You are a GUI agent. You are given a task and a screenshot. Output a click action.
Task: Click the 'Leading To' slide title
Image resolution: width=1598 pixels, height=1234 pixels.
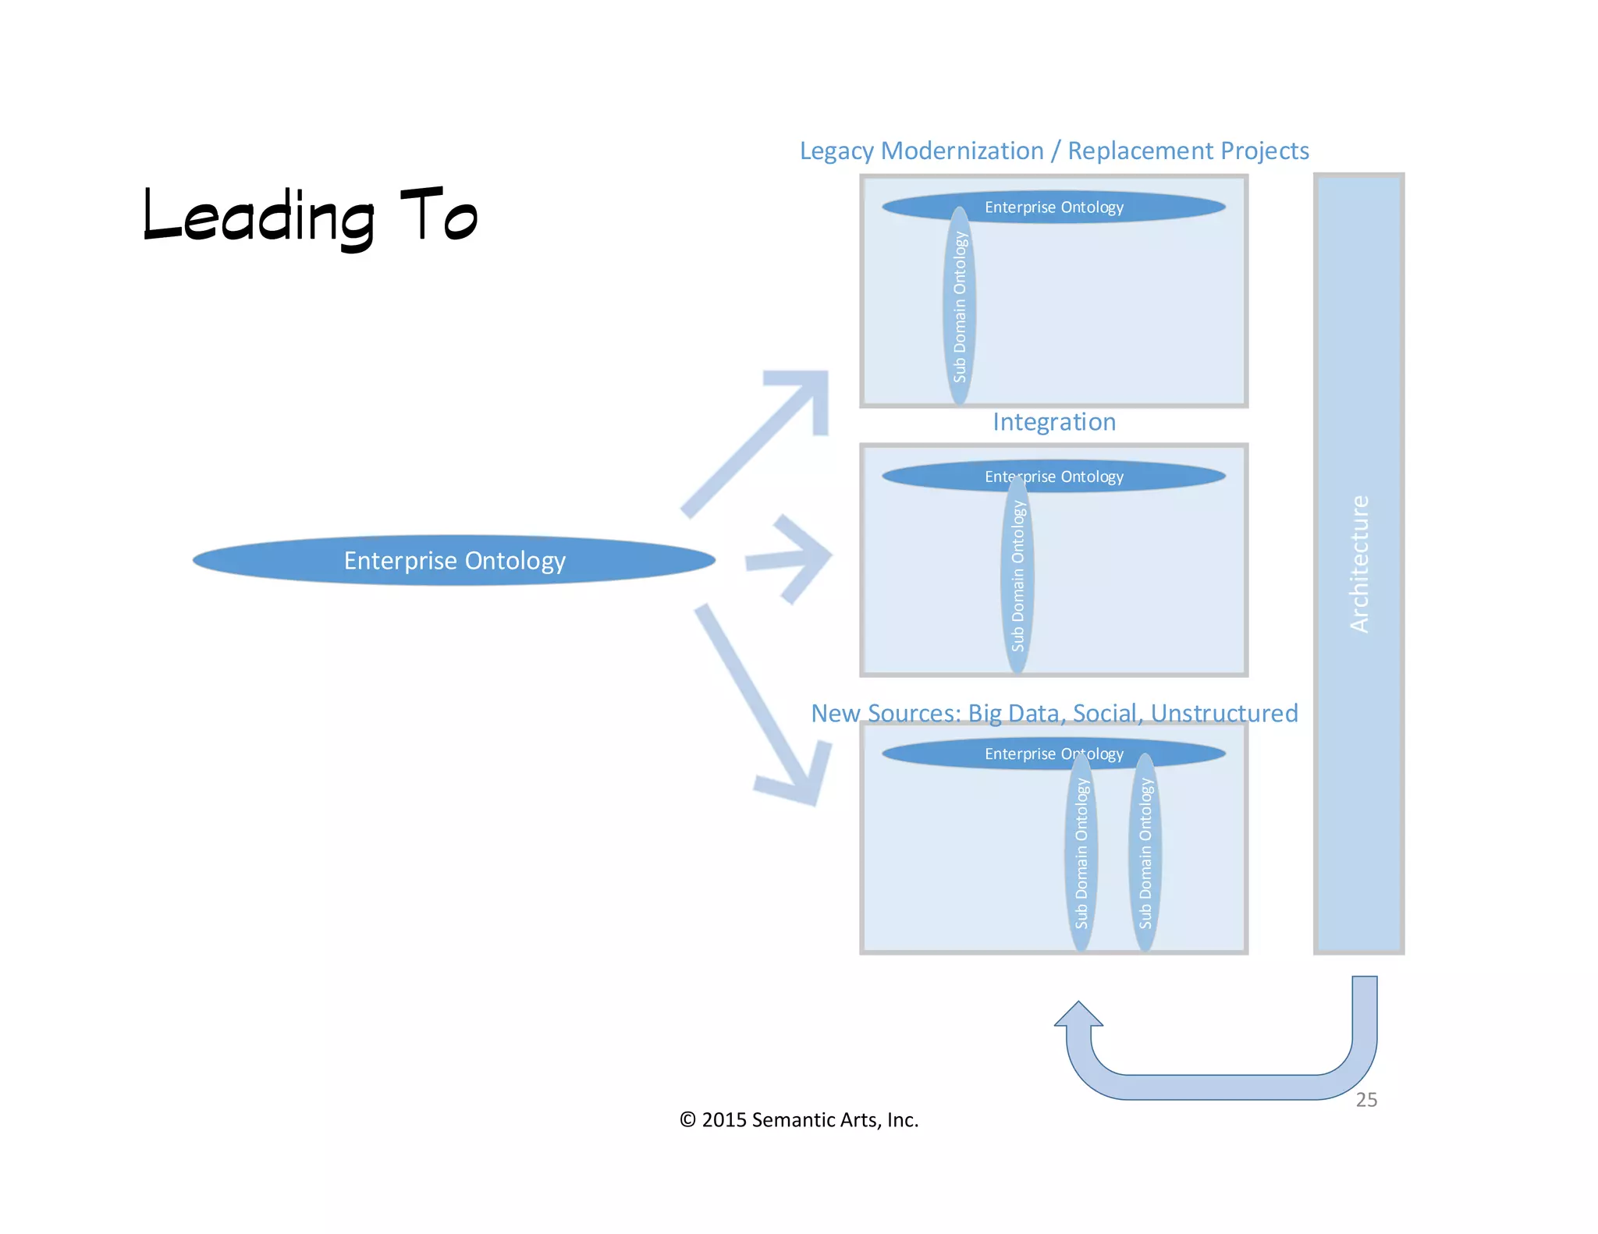310,217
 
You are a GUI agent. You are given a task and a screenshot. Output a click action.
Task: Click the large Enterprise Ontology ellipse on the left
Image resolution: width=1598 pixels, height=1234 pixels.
454,560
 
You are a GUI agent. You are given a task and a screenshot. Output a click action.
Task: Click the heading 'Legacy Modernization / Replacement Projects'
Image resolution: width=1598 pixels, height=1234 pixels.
1053,151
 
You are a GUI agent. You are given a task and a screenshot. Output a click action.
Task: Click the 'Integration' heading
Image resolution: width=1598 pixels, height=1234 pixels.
1053,422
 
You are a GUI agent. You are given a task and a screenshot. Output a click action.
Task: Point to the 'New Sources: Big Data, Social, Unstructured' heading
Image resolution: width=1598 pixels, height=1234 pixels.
1053,713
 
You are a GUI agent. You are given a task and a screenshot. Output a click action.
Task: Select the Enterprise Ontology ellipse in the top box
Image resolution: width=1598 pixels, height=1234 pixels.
1108,207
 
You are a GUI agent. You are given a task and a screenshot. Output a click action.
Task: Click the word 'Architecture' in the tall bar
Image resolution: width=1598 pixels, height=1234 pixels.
1358,563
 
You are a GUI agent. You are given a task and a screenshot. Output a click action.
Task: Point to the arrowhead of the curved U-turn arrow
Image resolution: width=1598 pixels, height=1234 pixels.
1078,1015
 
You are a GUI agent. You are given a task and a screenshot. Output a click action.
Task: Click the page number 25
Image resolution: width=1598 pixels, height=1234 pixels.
1366,1100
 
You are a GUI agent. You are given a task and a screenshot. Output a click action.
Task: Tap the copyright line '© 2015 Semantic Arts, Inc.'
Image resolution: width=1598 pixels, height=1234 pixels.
799,1120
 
